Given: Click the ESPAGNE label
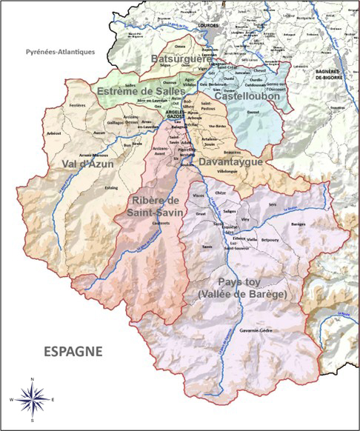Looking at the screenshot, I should [x=72, y=350].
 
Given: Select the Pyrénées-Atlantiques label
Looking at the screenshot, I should [x=60, y=52].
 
